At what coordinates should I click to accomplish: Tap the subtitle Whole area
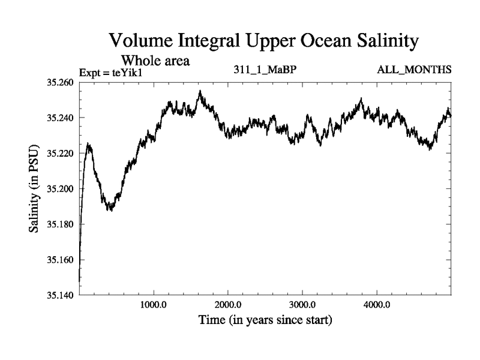click(x=156, y=61)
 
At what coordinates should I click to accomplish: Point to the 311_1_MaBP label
click(x=265, y=70)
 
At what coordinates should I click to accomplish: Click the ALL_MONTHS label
click(x=414, y=70)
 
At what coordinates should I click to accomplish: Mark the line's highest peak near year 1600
click(x=200, y=91)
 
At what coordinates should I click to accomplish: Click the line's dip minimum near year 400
click(x=110, y=211)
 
